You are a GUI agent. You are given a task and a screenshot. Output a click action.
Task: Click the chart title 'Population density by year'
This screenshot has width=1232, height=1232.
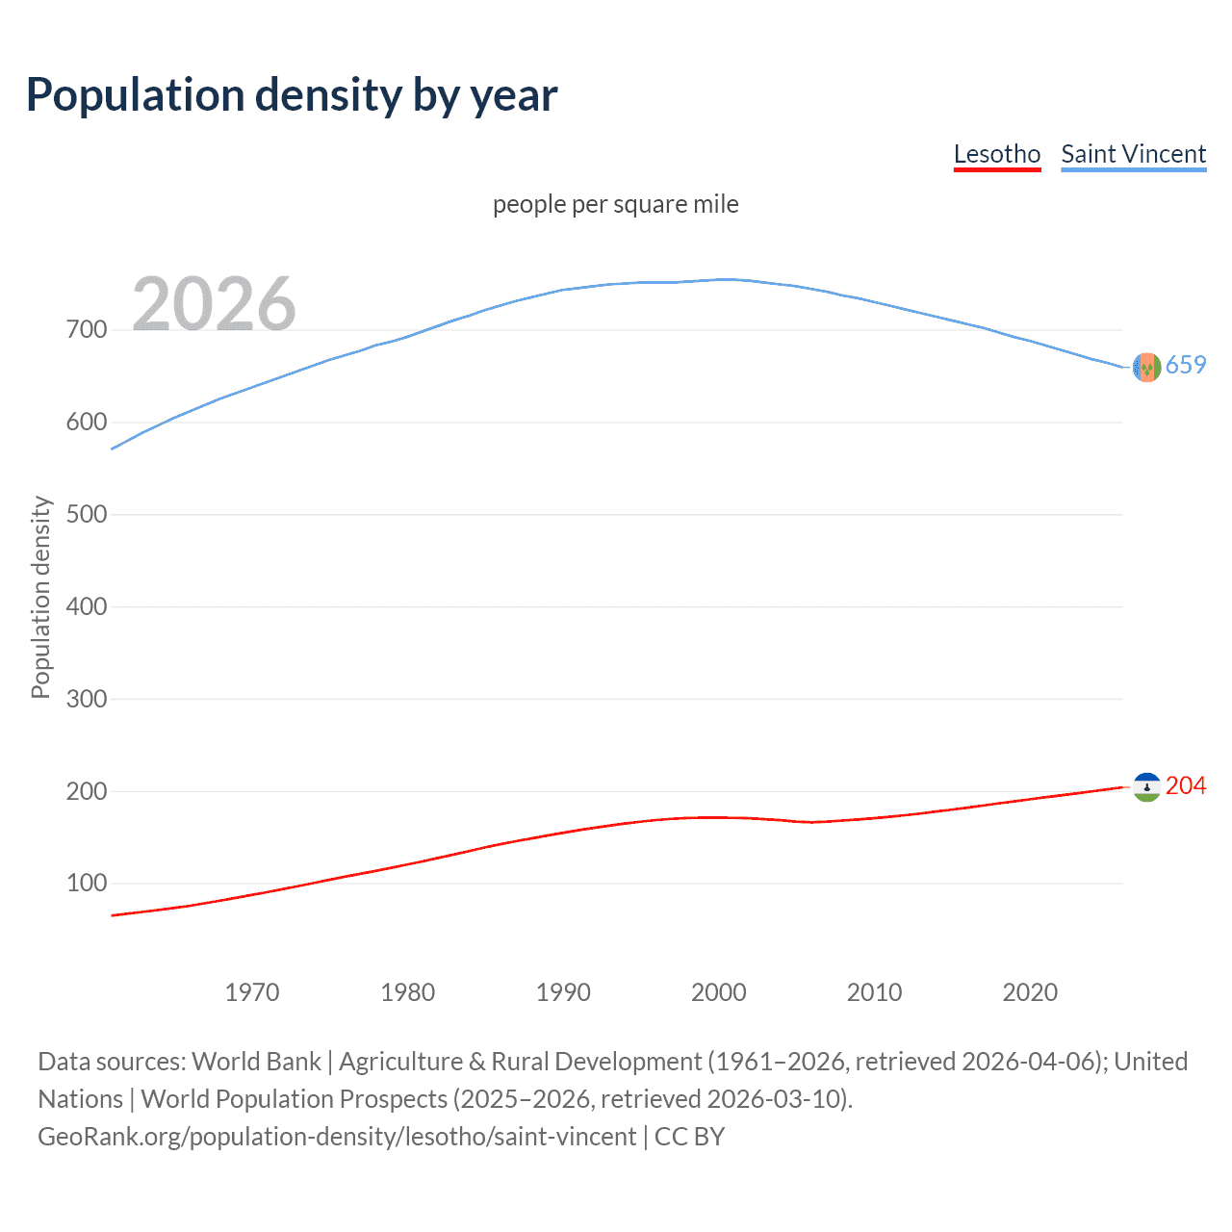tap(292, 95)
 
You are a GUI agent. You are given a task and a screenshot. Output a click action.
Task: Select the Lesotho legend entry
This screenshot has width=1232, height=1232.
tap(996, 154)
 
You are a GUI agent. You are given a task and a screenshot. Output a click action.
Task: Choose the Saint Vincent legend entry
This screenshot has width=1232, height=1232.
tap(1133, 154)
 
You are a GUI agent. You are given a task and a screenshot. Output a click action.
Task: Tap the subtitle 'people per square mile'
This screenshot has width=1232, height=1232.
tap(615, 204)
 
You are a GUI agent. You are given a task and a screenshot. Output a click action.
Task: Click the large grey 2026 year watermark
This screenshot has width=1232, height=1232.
tap(214, 304)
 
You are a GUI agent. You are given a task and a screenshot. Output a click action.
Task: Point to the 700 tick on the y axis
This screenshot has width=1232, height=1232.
tap(87, 330)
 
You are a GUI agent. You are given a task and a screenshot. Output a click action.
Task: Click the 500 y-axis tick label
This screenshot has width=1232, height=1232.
tap(87, 514)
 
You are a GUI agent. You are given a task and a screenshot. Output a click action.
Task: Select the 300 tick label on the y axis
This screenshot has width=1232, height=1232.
tap(87, 699)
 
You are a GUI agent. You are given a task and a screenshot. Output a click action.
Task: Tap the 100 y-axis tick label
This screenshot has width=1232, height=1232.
tap(87, 883)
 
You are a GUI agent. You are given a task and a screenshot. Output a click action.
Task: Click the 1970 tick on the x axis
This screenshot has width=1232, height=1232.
tap(252, 992)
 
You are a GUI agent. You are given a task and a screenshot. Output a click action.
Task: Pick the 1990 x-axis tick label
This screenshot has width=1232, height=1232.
tap(563, 992)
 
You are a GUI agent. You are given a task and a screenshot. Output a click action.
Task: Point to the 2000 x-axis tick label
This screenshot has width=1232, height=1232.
tap(719, 992)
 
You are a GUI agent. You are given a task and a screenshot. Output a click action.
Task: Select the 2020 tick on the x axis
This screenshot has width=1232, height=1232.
tap(1030, 992)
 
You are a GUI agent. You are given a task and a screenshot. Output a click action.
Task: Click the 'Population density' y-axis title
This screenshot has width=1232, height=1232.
tap(40, 597)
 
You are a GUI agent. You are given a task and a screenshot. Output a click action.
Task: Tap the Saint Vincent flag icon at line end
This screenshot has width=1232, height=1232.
tap(1146, 367)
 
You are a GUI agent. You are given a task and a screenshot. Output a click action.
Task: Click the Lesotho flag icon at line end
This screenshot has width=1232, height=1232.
tap(1146, 787)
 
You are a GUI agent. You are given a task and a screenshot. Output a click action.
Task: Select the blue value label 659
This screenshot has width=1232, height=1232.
tap(1186, 366)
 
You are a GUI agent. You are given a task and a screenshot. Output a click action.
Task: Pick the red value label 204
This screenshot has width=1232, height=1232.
tap(1186, 786)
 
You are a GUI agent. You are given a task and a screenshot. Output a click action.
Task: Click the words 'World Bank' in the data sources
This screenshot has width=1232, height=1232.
tap(256, 1062)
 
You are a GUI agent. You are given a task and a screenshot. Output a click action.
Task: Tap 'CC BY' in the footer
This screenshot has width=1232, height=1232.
tap(689, 1137)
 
